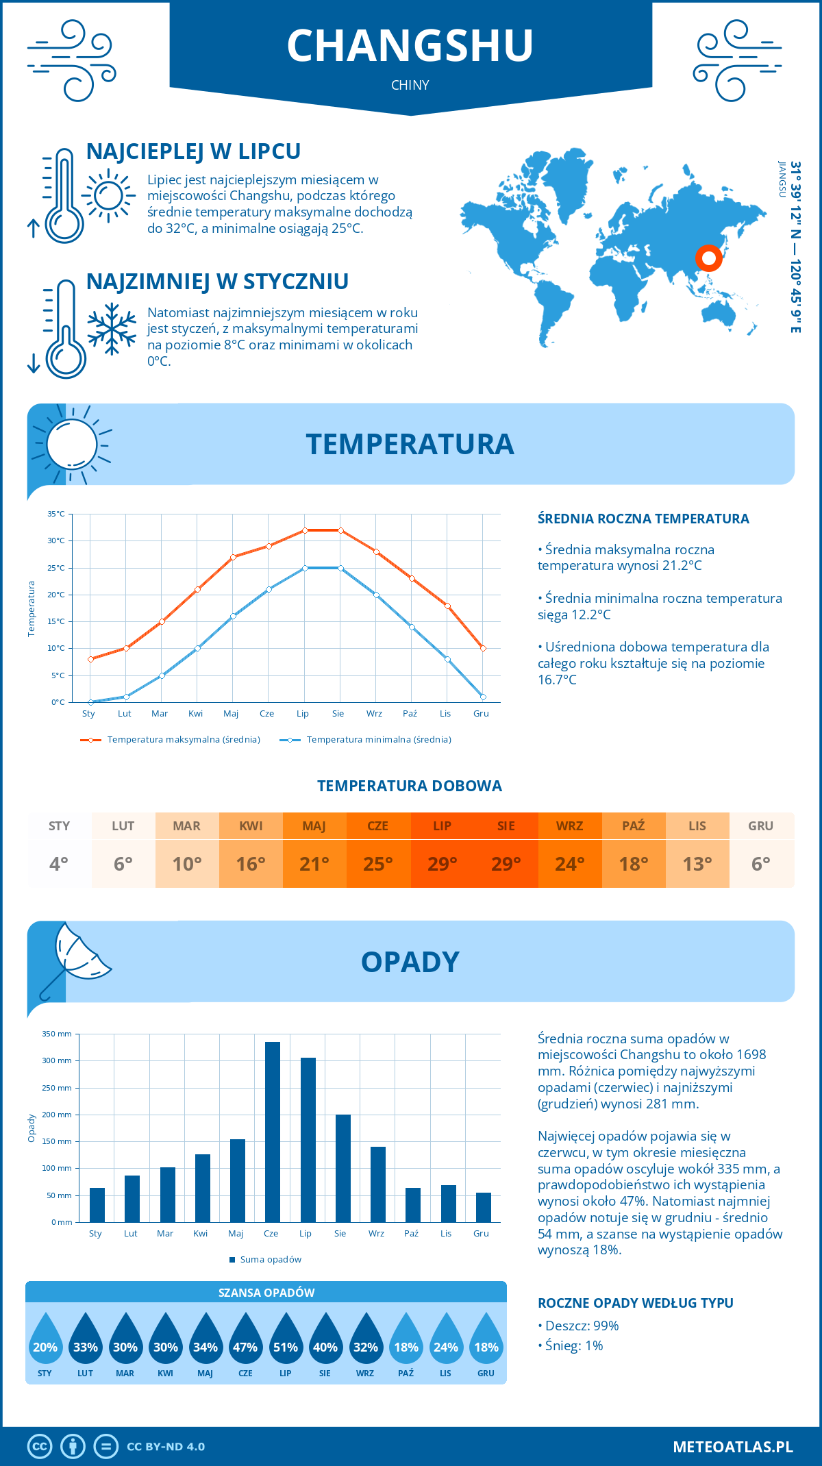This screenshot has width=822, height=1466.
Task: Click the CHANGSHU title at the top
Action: [410, 46]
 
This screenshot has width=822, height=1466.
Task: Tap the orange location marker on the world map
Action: [708, 258]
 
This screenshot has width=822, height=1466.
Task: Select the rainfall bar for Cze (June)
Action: [273, 1132]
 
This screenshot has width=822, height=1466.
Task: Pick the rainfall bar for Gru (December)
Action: [484, 1207]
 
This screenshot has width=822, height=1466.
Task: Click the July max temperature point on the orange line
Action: [305, 530]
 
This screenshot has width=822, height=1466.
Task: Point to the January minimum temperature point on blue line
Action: [90, 702]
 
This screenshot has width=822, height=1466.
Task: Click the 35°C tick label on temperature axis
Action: [56, 514]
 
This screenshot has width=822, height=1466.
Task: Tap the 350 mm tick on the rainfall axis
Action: [57, 1034]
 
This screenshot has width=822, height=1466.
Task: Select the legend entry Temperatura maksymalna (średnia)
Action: [184, 740]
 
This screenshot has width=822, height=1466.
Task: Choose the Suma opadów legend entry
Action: [271, 1259]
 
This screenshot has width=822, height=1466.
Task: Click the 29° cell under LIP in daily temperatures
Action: [442, 864]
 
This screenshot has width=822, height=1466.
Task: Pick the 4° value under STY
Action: [59, 864]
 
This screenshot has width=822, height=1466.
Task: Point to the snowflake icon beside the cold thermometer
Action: [112, 329]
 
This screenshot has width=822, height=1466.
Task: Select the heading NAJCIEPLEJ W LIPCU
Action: [193, 151]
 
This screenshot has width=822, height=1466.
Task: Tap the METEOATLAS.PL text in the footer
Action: [733, 1447]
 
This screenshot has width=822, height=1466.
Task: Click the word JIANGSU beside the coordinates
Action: [782, 179]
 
